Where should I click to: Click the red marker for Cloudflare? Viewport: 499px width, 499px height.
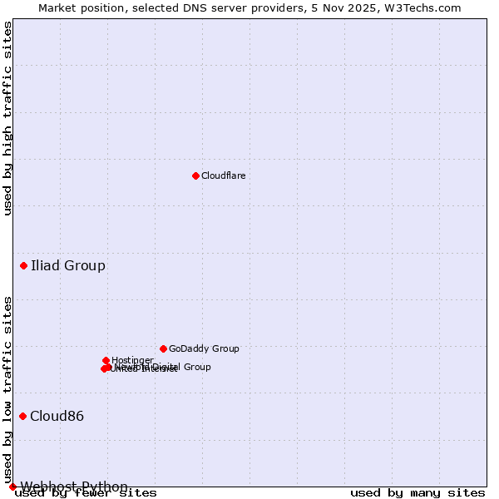pyautogui.click(x=195, y=175)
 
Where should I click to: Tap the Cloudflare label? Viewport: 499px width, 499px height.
pyautogui.click(x=223, y=176)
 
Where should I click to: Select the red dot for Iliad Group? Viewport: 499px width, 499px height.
pyautogui.click(x=23, y=266)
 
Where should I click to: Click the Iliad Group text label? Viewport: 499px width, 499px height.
pyautogui.click(x=68, y=266)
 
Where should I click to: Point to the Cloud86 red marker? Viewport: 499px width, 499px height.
pyautogui.click(x=22, y=416)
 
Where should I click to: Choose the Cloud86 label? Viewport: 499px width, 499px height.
pyautogui.click(x=57, y=417)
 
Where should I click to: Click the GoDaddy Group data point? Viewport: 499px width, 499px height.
pyautogui.click(x=163, y=348)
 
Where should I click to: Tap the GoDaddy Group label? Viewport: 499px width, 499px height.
pyautogui.click(x=204, y=349)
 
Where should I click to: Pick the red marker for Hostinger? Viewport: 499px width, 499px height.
pyautogui.click(x=106, y=360)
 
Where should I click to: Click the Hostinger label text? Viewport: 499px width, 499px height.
pyautogui.click(x=132, y=361)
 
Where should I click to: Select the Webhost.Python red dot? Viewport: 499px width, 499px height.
pyautogui.click(x=12, y=487)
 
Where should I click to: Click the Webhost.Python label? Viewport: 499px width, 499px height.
pyautogui.click(x=74, y=487)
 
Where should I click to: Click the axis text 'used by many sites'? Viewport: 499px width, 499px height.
pyautogui.click(x=417, y=493)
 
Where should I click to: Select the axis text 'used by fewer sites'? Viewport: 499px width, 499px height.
pyautogui.click(x=86, y=493)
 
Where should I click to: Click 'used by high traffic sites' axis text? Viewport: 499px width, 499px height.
pyautogui.click(x=8, y=118)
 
